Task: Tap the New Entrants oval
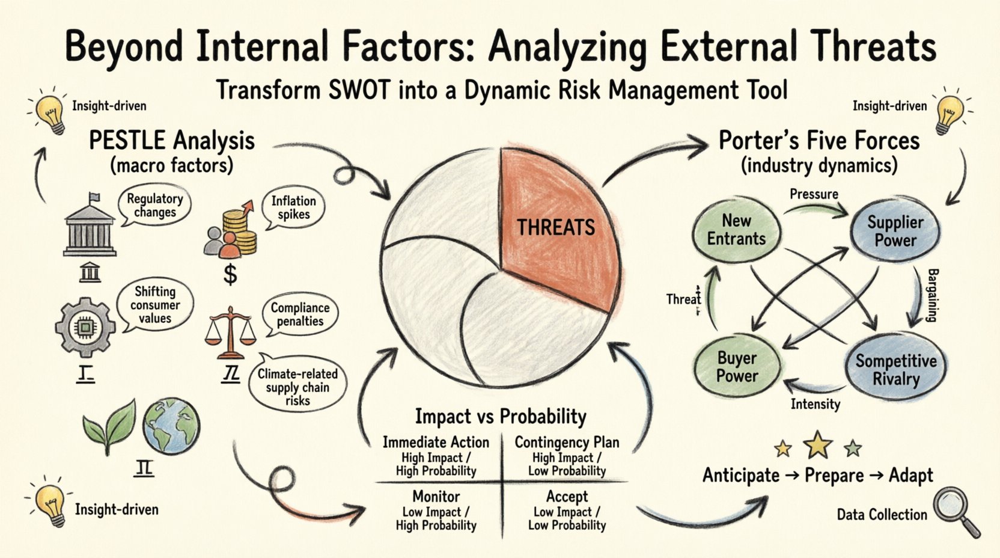tap(736, 230)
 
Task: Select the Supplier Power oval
tap(895, 231)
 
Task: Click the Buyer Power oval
tap(737, 367)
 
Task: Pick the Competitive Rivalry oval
tap(895, 370)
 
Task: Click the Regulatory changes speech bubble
tap(155, 206)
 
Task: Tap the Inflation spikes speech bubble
tap(293, 208)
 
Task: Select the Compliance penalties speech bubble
tap(299, 314)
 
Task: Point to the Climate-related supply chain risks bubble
tap(297, 387)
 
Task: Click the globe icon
tap(171, 426)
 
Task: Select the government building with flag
tap(90, 225)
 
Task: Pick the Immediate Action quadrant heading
tap(436, 443)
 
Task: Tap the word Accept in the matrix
tap(567, 497)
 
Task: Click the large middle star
tap(818, 445)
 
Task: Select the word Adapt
tap(911, 476)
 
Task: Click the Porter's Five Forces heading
tap(819, 141)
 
